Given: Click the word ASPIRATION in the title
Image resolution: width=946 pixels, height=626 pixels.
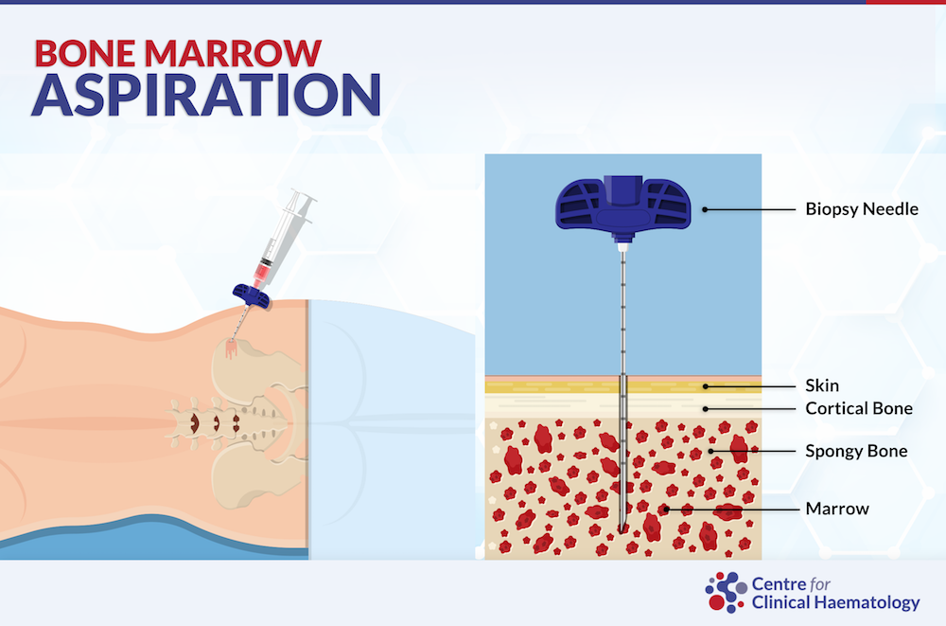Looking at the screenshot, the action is click(206, 95).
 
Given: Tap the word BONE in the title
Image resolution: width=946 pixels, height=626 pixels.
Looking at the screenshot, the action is click(85, 53).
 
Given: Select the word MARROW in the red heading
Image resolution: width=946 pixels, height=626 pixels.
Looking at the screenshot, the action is click(233, 53).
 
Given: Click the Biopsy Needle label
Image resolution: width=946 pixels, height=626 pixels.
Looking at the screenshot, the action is click(862, 209).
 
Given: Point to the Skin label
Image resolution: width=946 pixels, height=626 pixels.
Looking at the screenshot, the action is click(822, 385).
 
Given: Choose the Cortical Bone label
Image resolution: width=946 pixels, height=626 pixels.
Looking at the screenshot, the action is click(859, 408).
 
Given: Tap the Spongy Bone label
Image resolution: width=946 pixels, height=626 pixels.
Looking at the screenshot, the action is click(856, 451).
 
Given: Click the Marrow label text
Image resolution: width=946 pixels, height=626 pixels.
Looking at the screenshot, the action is click(837, 509).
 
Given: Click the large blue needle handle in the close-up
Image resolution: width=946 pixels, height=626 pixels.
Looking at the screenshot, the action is click(622, 205).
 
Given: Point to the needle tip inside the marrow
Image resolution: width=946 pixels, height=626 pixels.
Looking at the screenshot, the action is click(622, 529).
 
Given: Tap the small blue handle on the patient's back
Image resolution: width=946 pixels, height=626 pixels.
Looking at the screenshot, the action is click(251, 296).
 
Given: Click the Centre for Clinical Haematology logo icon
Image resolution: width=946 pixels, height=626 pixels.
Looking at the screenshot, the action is click(727, 592).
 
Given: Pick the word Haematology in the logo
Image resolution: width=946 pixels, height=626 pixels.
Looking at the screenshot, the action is click(867, 603).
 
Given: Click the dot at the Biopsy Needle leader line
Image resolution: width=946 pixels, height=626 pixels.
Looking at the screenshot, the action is click(705, 209).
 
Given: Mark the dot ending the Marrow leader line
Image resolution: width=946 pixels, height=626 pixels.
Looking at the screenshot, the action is click(666, 510).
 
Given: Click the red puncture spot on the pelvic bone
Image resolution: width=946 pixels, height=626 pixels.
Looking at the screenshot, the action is click(231, 349).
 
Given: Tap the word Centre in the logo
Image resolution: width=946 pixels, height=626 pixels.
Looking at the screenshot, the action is click(779, 584).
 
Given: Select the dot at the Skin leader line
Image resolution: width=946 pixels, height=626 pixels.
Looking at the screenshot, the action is click(705, 386).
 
